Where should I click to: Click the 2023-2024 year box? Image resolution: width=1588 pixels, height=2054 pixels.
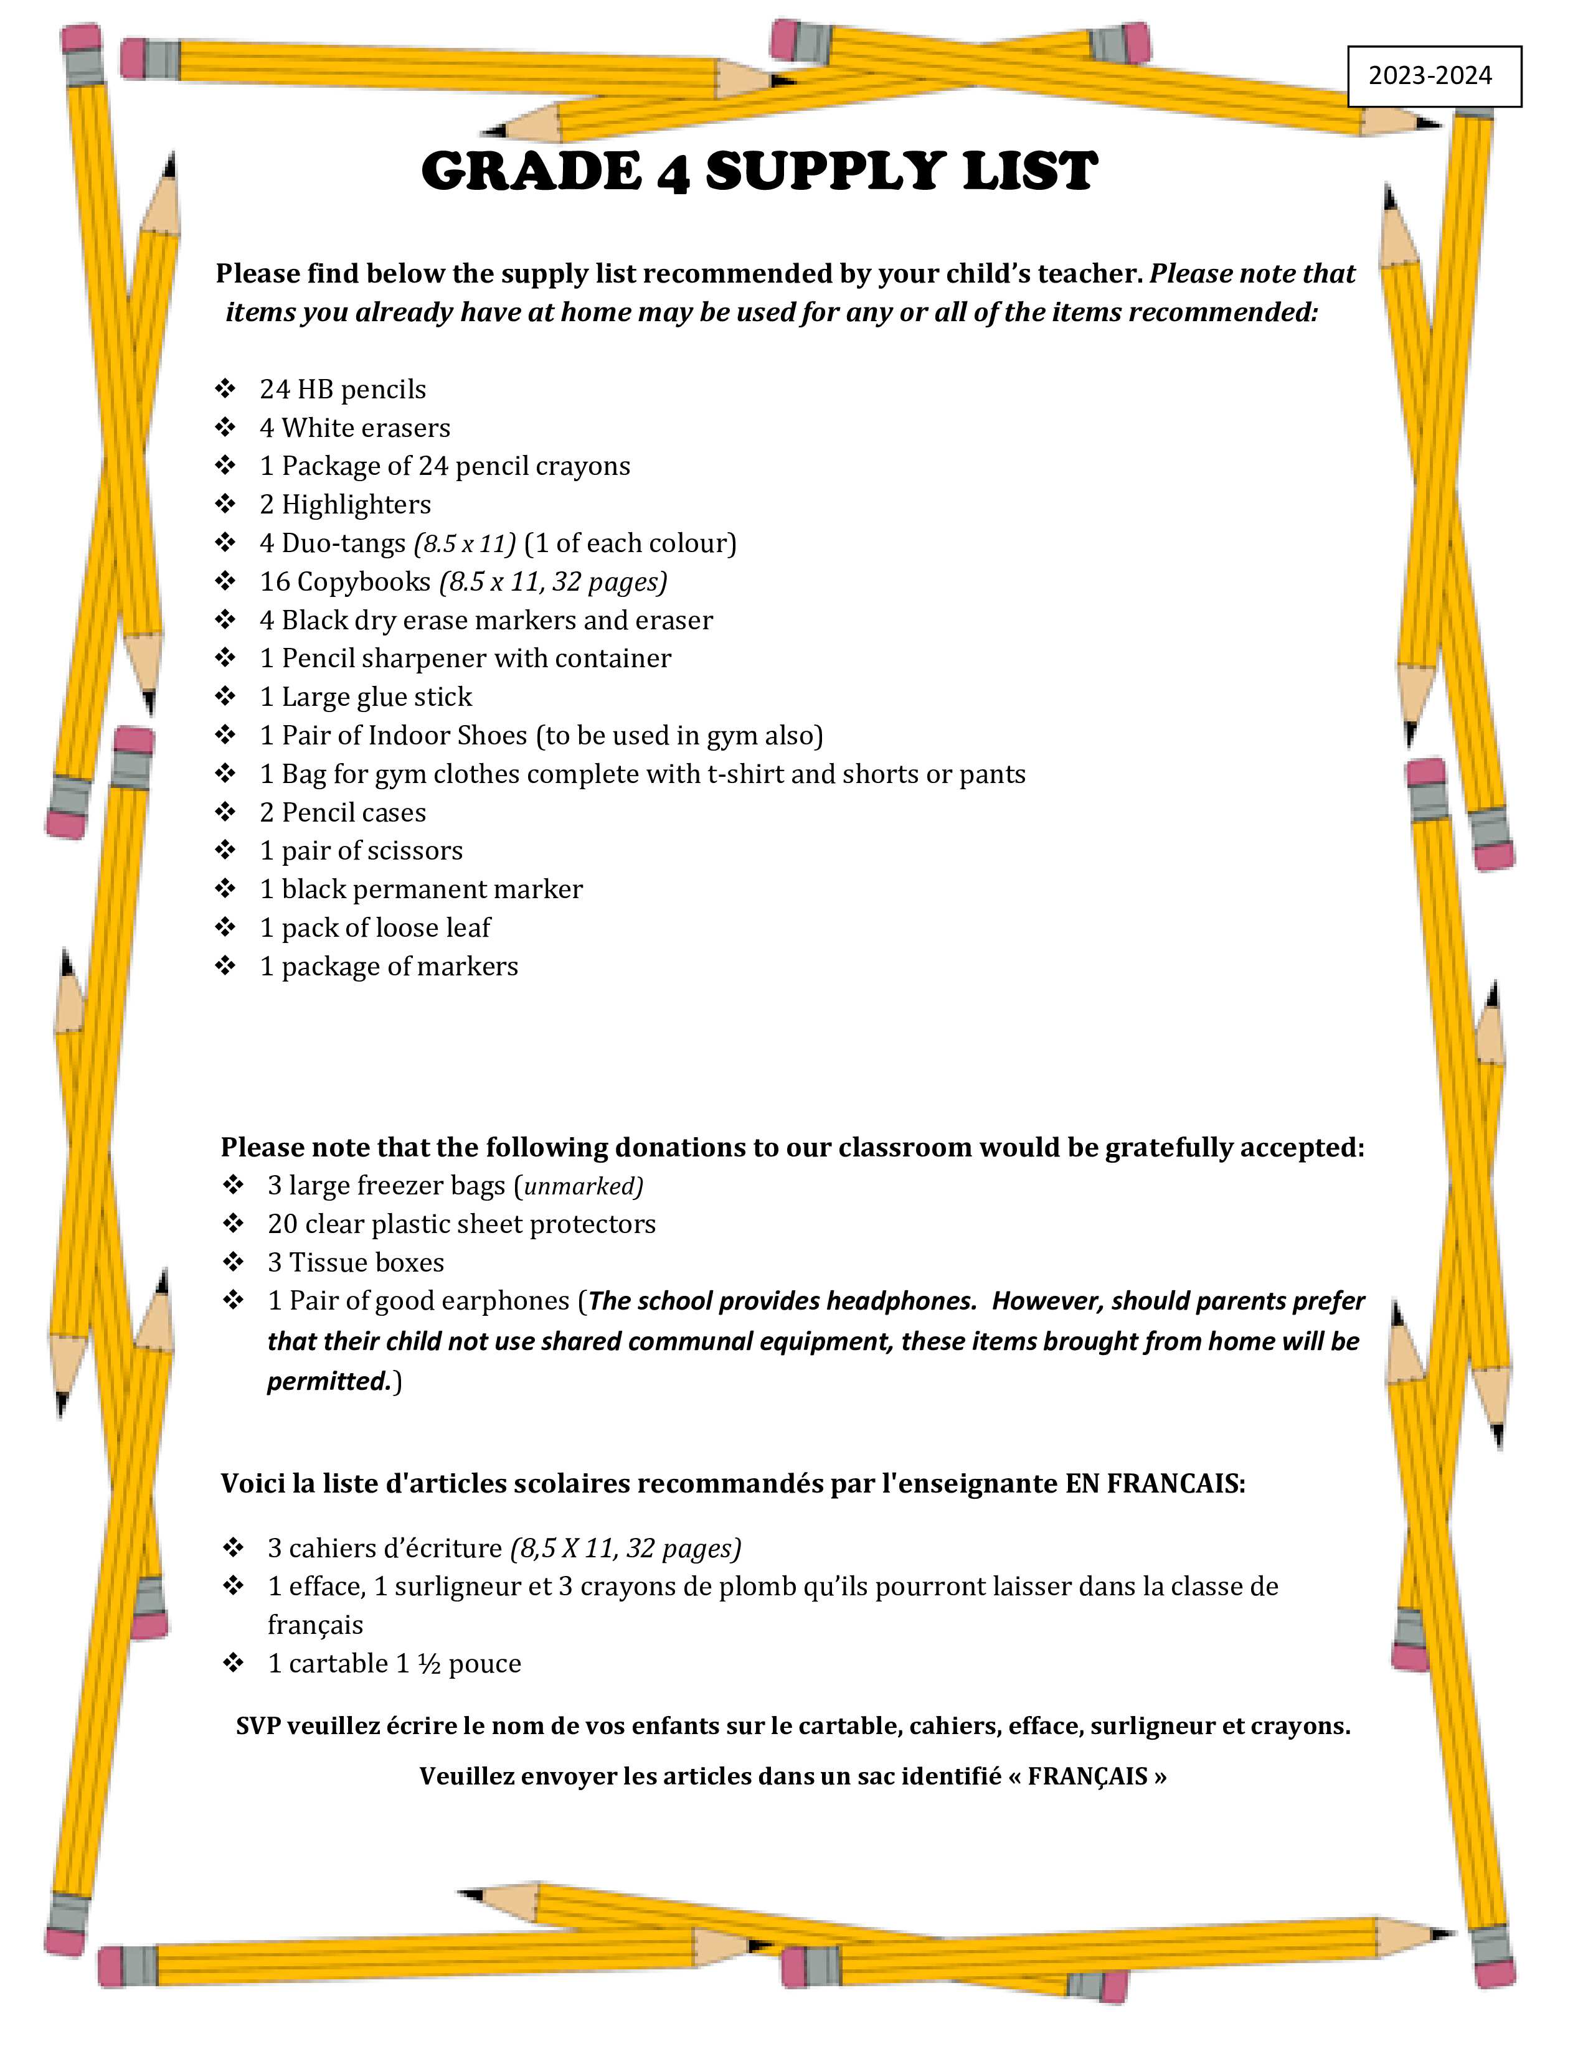1434,76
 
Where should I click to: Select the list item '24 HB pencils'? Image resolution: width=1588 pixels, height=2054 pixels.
343,390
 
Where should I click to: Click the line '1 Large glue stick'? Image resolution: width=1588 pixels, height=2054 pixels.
366,697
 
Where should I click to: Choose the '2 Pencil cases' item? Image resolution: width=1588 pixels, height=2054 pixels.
343,812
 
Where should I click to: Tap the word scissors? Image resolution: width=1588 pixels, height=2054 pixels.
418,851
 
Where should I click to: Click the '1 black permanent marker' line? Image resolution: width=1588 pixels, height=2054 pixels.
420,889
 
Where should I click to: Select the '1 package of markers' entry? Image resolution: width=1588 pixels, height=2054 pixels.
389,967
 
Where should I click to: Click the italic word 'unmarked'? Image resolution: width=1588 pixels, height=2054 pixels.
582,1187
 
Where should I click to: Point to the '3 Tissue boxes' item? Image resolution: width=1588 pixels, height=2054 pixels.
356,1263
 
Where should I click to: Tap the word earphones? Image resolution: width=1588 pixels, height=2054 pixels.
504,1301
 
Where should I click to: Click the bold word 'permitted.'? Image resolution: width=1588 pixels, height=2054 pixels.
328,1382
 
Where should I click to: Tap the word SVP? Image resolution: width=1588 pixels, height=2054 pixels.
257,1727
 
